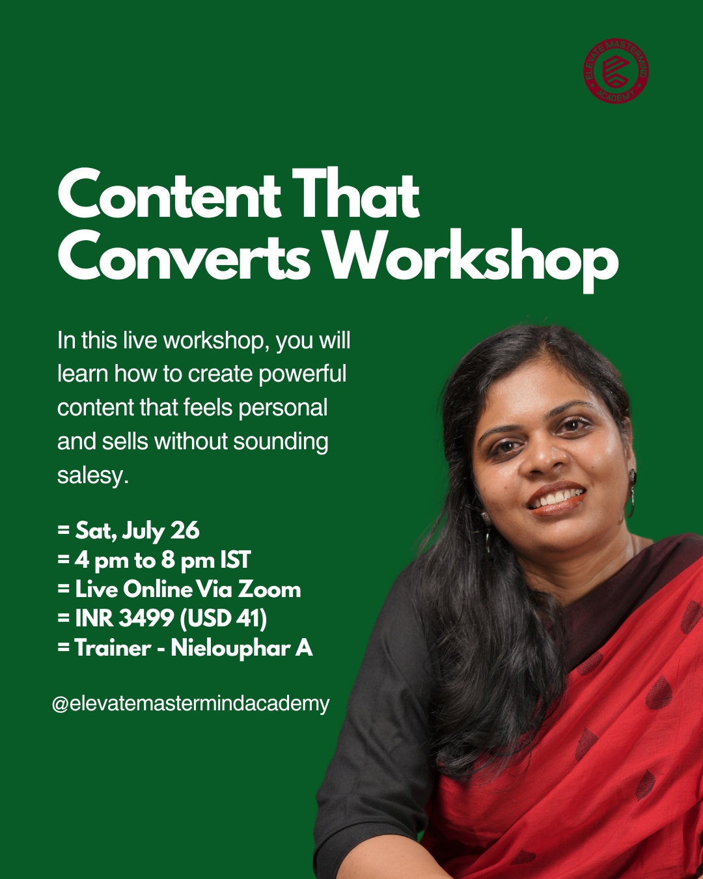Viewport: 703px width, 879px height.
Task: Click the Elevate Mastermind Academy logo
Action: tap(616, 71)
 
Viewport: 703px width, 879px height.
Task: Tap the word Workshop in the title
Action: tap(473, 260)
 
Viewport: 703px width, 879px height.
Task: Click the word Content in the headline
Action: tap(169, 194)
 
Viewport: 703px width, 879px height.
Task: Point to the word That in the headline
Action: tap(355, 193)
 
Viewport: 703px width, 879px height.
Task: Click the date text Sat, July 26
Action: tap(137, 531)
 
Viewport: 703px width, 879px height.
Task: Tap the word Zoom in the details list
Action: tap(269, 589)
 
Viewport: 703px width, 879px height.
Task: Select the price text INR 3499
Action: tap(124, 618)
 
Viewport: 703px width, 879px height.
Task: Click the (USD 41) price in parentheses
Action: tap(223, 618)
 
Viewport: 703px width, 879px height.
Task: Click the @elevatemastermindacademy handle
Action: tap(191, 703)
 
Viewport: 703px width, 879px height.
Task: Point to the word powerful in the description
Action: tap(303, 374)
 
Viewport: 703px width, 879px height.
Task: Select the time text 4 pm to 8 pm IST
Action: tap(163, 560)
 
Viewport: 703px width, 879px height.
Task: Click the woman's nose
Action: tap(544, 460)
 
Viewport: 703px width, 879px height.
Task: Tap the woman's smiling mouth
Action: tap(557, 499)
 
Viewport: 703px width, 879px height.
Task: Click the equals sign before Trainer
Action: tap(63, 647)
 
